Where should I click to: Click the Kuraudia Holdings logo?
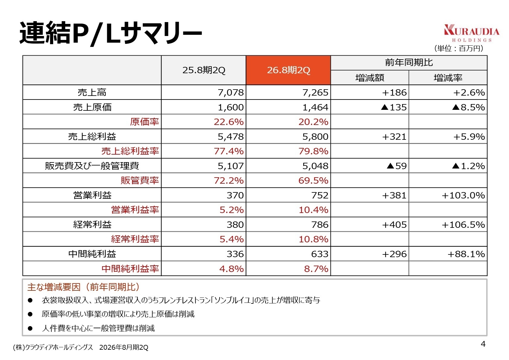pyautogui.click(x=471, y=33)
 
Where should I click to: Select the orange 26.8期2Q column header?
pyautogui.click(x=288, y=70)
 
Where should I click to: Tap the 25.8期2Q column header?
pyautogui.click(x=204, y=70)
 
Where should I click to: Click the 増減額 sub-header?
pyautogui.click(x=370, y=78)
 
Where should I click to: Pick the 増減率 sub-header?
pyautogui.click(x=448, y=78)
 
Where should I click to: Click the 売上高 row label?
pyautogui.click(x=92, y=92)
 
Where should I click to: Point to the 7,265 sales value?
pyautogui.click(x=315, y=92)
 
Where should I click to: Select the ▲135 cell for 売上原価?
pyautogui.click(x=394, y=107)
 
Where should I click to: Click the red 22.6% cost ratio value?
pyautogui.click(x=228, y=122)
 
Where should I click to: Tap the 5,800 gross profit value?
pyautogui.click(x=315, y=136)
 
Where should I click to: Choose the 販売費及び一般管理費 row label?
pyautogui.click(x=92, y=166)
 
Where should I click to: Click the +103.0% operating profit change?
pyautogui.click(x=463, y=195)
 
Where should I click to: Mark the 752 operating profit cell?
pyautogui.click(x=320, y=195)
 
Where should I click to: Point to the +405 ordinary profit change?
pyautogui.click(x=394, y=224)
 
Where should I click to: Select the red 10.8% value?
pyautogui.click(x=313, y=239)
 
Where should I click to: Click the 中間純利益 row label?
pyautogui.click(x=92, y=254)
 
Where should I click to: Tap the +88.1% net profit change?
pyautogui.click(x=466, y=254)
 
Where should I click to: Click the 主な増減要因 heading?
pyautogui.click(x=83, y=287)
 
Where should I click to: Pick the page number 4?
pyautogui.click(x=483, y=344)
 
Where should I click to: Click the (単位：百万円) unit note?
pyautogui.click(x=459, y=48)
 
